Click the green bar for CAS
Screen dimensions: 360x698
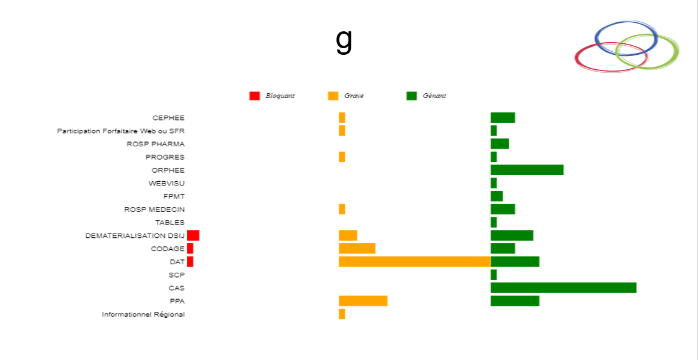coord(563,288)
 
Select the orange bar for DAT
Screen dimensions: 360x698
coord(415,261)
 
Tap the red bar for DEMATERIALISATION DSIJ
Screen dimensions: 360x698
coord(193,235)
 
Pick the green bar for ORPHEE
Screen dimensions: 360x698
coord(527,170)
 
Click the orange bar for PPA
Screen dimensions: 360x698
coord(363,300)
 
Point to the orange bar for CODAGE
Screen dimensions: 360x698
coord(357,248)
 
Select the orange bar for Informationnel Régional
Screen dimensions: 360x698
coord(342,314)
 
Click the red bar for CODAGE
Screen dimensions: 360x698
coord(190,248)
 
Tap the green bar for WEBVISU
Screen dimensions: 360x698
coord(493,183)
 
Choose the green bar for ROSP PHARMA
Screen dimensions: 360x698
coord(499,143)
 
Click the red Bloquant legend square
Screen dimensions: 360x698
coord(255,96)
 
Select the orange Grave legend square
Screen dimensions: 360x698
coord(333,96)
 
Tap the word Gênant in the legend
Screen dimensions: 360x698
coord(434,96)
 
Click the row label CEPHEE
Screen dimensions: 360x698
coord(168,118)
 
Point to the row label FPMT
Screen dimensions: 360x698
coord(174,196)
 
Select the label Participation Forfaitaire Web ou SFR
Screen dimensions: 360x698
coord(121,131)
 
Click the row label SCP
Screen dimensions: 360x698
coord(176,275)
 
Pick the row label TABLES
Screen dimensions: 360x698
coord(170,223)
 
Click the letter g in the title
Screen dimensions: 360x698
coord(344,41)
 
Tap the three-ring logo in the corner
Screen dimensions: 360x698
coord(626,46)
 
